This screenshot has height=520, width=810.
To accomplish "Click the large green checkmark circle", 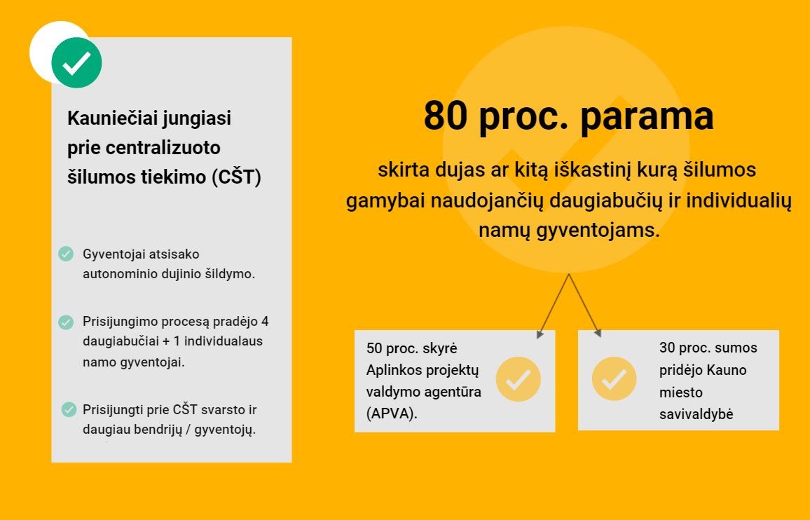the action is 76,62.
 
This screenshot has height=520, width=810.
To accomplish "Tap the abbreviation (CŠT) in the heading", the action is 236,177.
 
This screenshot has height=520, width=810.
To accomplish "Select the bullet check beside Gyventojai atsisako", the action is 66,254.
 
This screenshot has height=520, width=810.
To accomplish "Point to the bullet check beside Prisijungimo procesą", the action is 66,322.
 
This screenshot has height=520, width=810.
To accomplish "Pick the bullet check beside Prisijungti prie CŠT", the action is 69,409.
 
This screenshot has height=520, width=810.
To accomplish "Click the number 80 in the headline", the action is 446,115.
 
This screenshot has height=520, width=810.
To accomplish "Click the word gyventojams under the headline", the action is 598,230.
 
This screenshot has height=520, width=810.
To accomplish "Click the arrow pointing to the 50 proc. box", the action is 554,306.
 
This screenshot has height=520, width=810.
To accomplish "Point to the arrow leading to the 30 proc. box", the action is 585,306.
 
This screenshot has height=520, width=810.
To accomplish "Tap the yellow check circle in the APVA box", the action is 518,379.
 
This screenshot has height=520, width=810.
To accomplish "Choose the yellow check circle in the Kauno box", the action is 615,378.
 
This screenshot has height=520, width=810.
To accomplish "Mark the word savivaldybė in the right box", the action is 696,415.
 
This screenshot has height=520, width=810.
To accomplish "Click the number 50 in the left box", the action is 374,348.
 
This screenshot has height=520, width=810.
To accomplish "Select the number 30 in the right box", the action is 667,348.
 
